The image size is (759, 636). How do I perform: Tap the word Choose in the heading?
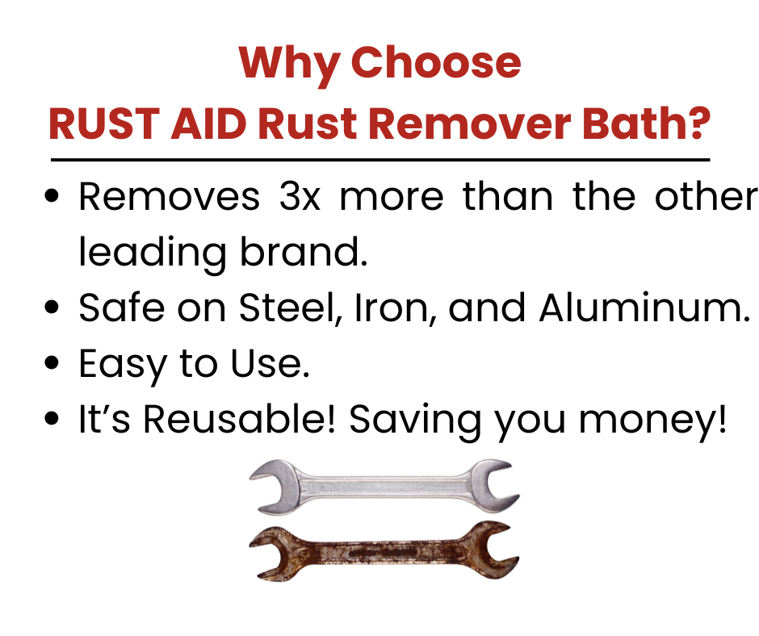click(x=436, y=62)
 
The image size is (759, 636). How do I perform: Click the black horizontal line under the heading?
click(x=380, y=159)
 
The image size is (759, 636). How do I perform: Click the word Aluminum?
click(x=645, y=307)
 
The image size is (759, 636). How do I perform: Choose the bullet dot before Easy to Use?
click(x=52, y=362)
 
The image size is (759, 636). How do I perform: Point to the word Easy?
click(x=123, y=365)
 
